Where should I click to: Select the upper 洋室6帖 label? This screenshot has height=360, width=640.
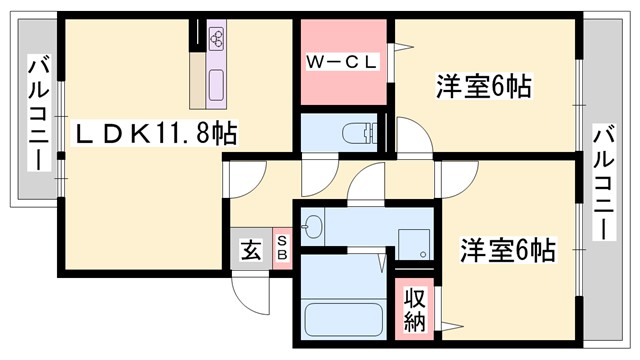(482, 88)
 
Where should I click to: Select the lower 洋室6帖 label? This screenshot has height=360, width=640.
(507, 249)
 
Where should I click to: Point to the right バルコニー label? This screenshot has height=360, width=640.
(604, 181)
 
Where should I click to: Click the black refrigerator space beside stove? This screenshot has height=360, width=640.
(198, 38)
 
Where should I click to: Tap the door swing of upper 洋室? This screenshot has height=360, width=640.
(410, 135)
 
